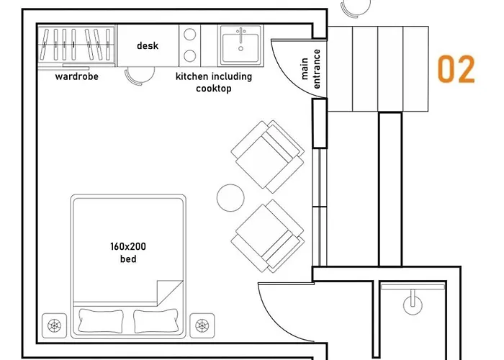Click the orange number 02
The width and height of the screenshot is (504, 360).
point(456,70)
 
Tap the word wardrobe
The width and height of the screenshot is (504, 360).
point(76,76)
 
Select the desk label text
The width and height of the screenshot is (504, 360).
point(148,46)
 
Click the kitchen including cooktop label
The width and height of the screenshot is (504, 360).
point(214,82)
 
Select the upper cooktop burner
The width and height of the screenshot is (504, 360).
point(190,34)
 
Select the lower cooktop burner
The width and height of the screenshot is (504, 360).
point(190,55)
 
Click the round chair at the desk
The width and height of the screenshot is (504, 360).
point(135,75)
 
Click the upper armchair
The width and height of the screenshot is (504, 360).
point(267,156)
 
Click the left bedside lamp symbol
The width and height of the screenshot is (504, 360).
point(55,325)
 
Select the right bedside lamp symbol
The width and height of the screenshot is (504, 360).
point(201,325)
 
